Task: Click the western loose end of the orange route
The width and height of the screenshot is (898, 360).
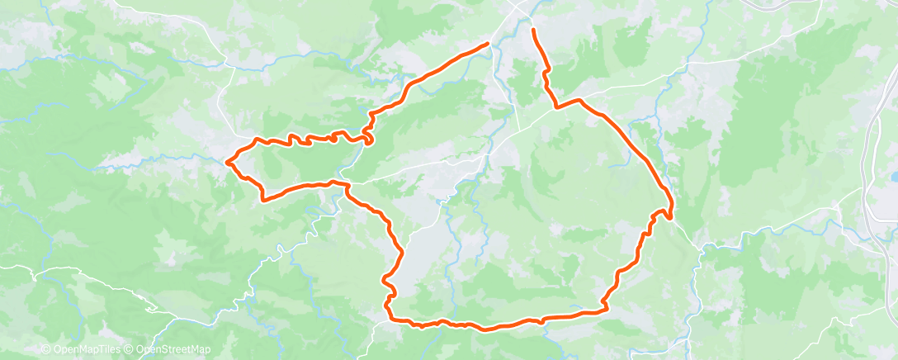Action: coord(488,43)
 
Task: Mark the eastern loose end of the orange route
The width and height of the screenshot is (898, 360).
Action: coord(533,30)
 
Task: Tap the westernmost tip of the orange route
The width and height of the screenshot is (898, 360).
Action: coord(227,160)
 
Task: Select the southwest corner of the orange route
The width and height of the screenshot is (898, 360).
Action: coord(390,316)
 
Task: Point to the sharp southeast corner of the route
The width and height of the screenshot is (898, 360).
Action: coord(605,310)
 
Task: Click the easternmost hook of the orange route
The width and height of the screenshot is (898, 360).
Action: coord(670,215)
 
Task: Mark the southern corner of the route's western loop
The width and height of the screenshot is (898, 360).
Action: coord(263,199)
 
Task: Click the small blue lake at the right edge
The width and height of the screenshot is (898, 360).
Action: coord(894,176)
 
